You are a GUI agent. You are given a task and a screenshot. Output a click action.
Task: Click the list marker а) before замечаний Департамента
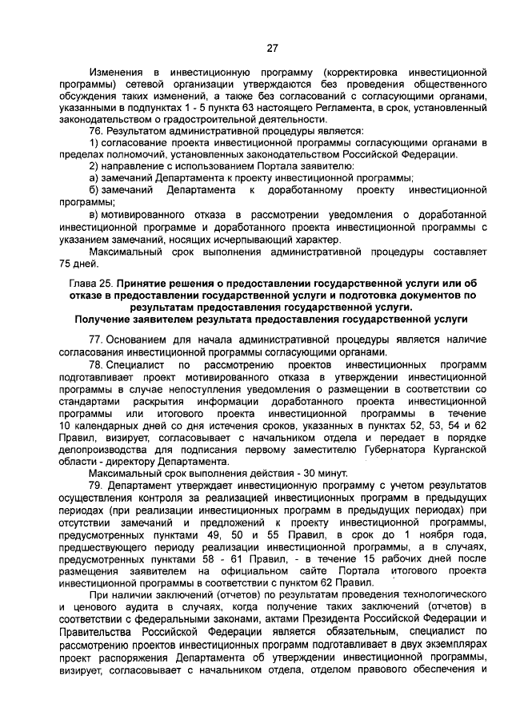click(94, 177)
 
